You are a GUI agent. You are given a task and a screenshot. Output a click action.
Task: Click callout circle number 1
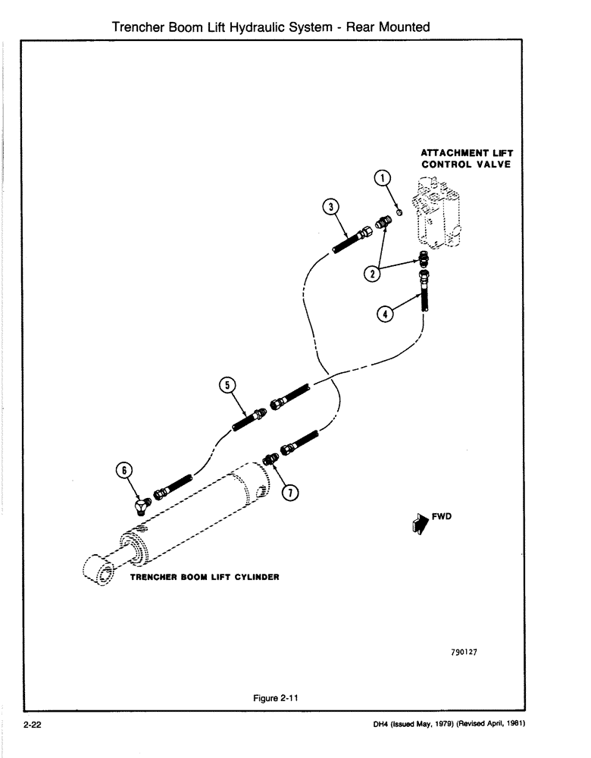tap(384, 179)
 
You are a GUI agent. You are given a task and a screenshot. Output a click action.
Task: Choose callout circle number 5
tap(226, 385)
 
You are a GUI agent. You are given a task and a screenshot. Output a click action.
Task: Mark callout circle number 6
tap(124, 470)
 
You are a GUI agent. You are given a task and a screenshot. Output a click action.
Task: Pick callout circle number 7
tap(289, 493)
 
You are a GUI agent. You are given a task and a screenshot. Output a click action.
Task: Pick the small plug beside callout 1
tap(399, 209)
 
